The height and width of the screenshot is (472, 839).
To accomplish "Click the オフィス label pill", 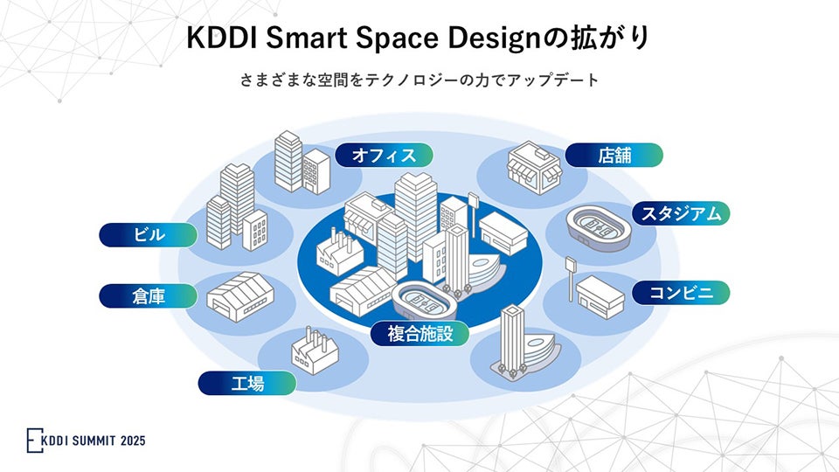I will tap(384, 155).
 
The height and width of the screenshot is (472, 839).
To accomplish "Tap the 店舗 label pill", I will tap(614, 155).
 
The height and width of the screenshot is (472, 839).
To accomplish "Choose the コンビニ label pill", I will tap(680, 293).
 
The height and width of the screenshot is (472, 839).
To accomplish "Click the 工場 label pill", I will tap(247, 383).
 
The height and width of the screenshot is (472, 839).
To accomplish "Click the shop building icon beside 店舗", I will tap(533, 166).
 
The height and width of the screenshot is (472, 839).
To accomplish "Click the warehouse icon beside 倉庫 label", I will tap(239, 291).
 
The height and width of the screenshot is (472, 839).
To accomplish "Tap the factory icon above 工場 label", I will tap(314, 351).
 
